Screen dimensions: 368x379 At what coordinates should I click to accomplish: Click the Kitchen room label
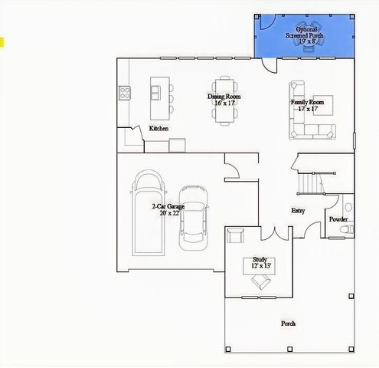(158, 128)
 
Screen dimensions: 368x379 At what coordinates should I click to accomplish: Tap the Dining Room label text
(224, 97)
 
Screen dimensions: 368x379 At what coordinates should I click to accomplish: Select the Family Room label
(307, 102)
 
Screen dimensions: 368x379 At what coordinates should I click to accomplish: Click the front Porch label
(288, 324)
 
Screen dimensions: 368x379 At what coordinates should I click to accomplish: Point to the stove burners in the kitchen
(125, 94)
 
